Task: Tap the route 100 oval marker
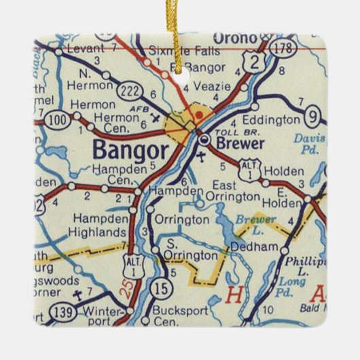point(57,120)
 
